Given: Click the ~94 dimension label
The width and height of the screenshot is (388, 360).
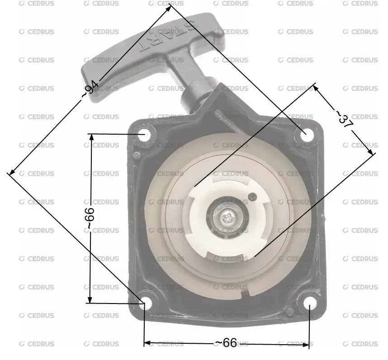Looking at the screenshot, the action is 90,89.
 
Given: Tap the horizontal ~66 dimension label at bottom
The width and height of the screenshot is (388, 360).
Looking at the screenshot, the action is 226,343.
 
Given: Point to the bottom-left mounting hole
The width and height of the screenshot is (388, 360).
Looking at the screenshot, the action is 146,303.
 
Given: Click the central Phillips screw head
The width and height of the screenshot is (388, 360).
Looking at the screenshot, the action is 227,218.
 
